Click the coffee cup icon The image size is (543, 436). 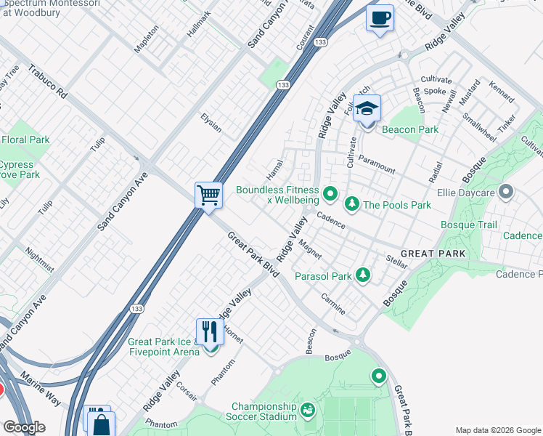[380, 18]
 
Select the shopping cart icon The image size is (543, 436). [208, 195]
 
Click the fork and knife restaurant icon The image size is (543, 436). [210, 332]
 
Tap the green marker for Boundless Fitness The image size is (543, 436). [330, 193]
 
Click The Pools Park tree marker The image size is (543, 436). [352, 204]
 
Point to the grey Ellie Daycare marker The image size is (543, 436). [507, 193]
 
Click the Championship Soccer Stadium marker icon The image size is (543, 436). [308, 411]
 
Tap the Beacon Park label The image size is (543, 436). [410, 129]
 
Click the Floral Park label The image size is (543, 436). [25, 140]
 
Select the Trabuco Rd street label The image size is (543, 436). [48, 84]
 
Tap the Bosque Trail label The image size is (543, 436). [469, 225]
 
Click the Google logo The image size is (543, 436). [24, 427]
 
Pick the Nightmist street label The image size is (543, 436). [38, 259]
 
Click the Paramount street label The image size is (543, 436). [376, 165]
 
